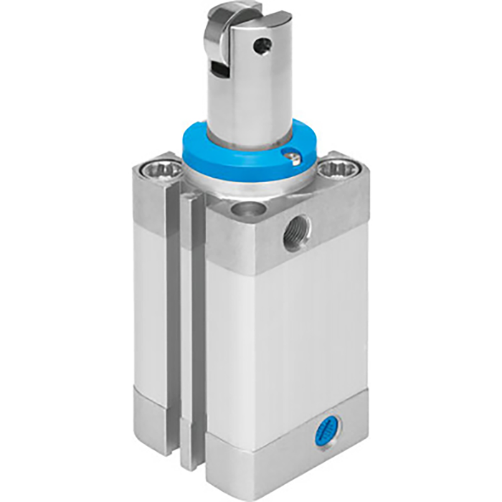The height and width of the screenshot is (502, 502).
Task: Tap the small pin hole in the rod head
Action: pos(267,46)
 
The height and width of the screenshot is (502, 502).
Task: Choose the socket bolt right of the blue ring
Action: pos(333,170)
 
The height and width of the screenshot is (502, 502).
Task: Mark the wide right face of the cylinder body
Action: pos(294,330)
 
